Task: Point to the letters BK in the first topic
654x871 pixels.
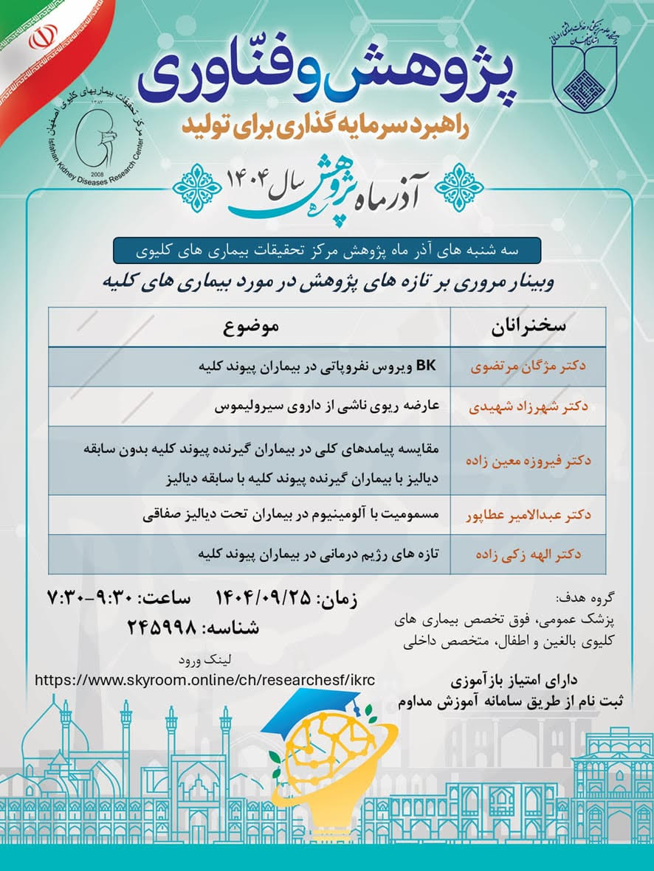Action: [x=427, y=366]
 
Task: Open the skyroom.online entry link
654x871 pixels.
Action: [x=205, y=679]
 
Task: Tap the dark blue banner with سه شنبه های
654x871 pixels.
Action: [x=326, y=251]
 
